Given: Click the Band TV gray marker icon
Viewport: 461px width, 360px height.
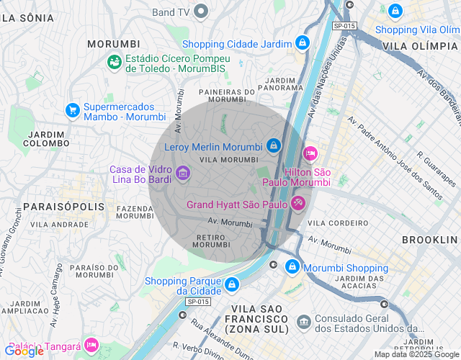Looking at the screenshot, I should (x=201, y=12).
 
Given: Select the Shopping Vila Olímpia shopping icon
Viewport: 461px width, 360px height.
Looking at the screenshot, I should (x=395, y=11).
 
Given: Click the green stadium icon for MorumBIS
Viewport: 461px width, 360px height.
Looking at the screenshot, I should (x=115, y=63).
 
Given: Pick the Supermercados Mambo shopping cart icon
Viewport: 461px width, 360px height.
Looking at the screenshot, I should (x=72, y=110).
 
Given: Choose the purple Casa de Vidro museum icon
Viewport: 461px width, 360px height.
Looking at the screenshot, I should (x=183, y=173).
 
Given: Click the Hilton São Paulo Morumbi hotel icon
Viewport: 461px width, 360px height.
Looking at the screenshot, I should (x=310, y=154).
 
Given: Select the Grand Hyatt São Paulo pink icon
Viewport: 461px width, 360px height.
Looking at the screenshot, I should (x=298, y=204).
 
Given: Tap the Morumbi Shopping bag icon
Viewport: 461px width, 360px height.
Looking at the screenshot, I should (x=292, y=267).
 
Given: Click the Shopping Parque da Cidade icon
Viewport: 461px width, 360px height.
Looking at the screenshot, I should (x=230, y=285).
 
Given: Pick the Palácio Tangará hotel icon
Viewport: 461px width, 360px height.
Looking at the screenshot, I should (x=91, y=346).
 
